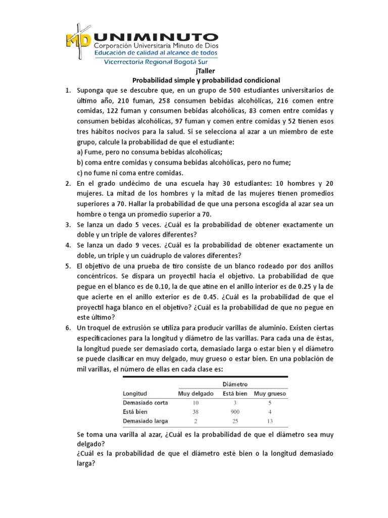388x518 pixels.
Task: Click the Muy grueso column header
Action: point(270,394)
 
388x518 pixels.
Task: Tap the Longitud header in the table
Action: point(135,394)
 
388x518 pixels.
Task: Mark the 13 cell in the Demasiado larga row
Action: point(270,421)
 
